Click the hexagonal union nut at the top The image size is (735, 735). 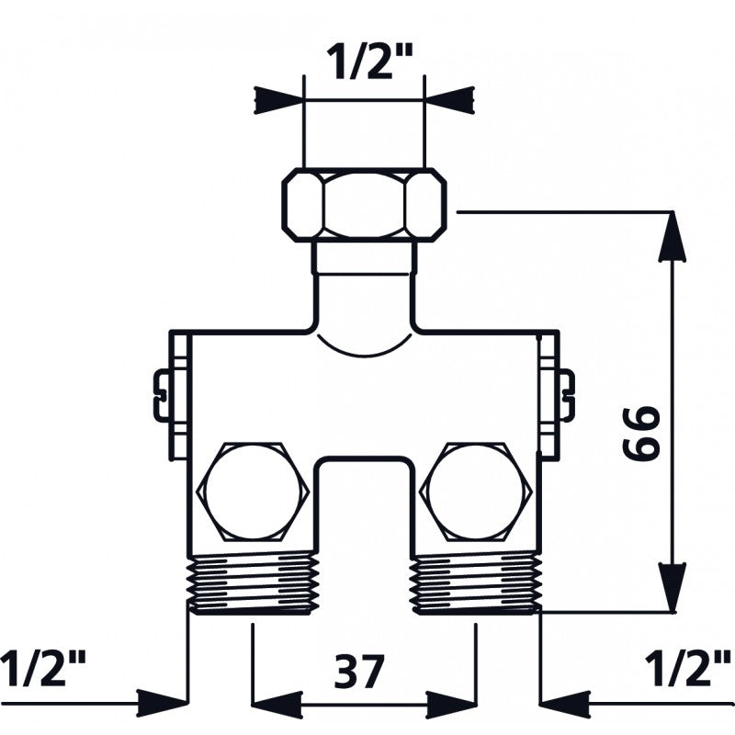click(x=364, y=205)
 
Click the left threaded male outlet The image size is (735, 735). click(x=253, y=583)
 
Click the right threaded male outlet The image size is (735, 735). click(x=475, y=583)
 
